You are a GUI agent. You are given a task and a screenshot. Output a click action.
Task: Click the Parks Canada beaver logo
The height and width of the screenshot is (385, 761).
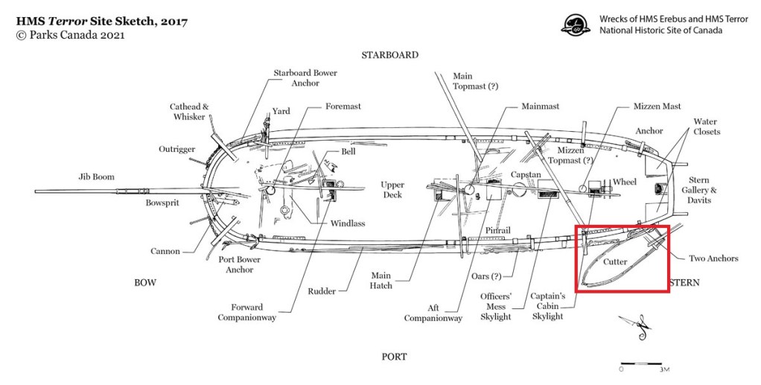coord(575,25)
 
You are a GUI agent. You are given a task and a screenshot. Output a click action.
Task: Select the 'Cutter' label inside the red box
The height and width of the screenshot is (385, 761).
coord(615,262)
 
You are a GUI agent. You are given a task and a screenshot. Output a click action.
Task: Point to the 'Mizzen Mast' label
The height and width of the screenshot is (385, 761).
coord(657,106)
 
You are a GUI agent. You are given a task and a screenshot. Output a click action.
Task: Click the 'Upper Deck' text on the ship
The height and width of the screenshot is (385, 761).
coord(392,190)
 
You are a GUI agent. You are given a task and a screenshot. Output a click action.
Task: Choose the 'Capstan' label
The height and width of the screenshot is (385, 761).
coord(526,174)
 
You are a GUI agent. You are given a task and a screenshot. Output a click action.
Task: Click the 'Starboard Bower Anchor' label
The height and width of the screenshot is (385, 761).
coord(305,78)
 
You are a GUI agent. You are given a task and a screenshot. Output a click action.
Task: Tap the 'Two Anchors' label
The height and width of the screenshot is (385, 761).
coord(713,258)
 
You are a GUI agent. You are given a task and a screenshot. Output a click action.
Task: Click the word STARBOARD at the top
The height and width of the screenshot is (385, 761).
coord(389,55)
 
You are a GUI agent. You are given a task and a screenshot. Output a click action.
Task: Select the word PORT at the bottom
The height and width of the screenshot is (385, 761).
coord(394,357)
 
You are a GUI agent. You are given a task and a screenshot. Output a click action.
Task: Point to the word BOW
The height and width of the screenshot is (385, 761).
coord(144,282)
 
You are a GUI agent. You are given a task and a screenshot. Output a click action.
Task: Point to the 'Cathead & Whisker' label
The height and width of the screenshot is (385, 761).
coord(189,112)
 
